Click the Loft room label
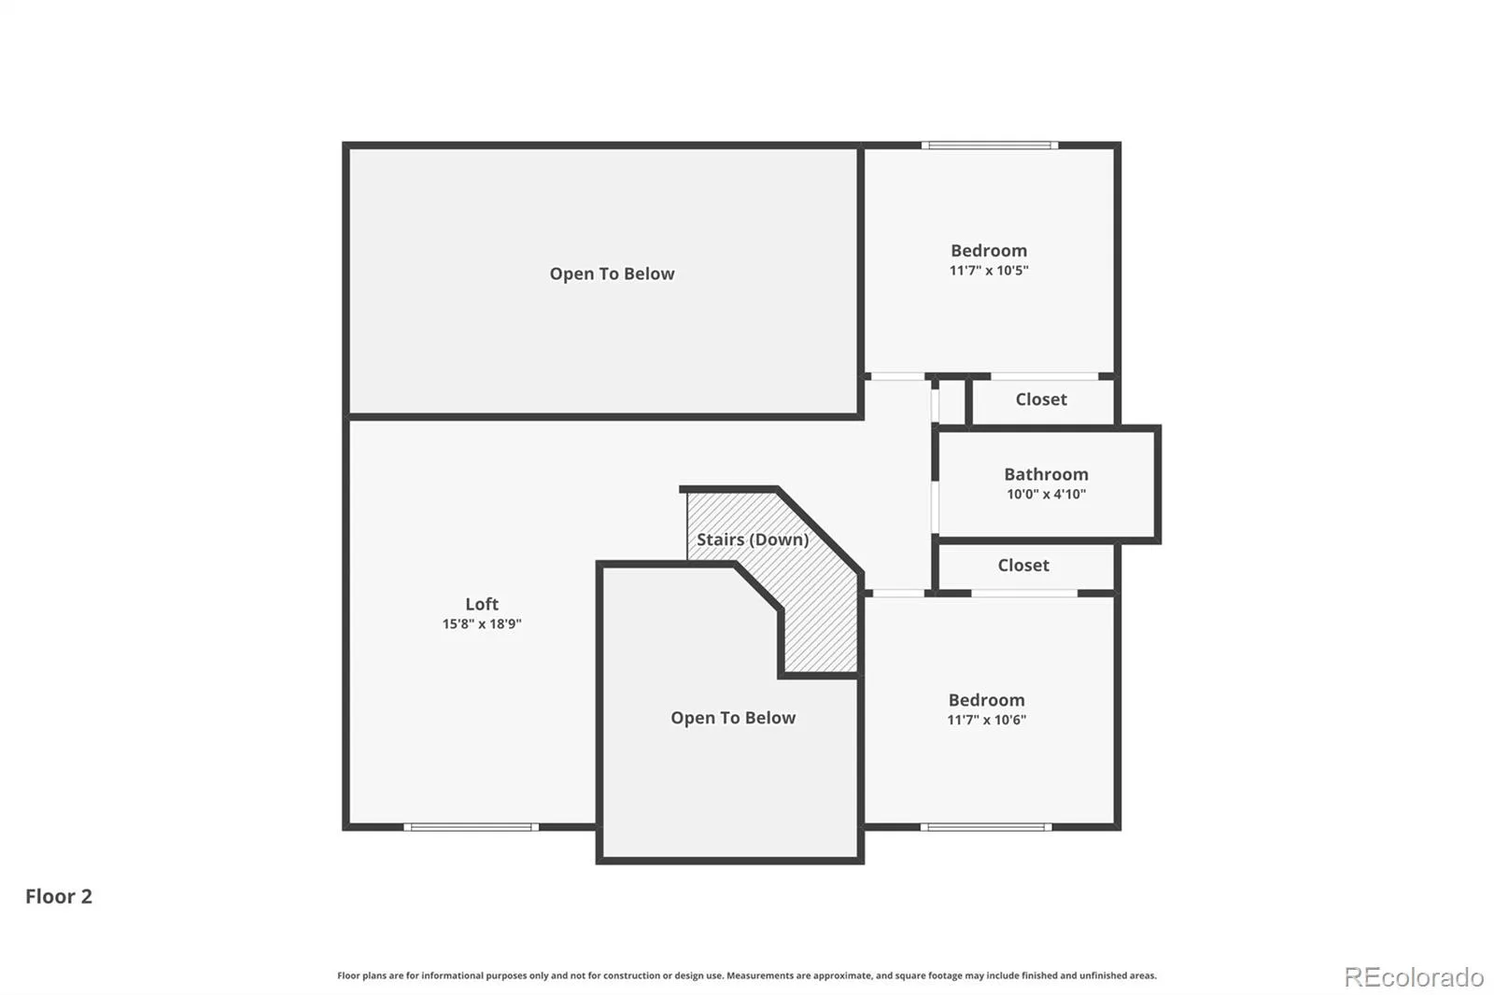[482, 604]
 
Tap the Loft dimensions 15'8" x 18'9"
[482, 624]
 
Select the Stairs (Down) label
[753, 540]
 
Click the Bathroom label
[1046, 474]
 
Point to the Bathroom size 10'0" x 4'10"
[1046, 494]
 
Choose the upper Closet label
[1041, 399]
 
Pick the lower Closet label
[1023, 566]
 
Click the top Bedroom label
[989, 251]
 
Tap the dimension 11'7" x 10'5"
[989, 271]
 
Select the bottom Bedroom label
[986, 700]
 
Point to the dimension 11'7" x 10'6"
[986, 720]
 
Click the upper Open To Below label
[612, 274]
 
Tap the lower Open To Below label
[733, 718]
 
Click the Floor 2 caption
[59, 896]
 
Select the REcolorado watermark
[1414, 977]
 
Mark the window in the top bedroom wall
[990, 146]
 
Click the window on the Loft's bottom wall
[471, 827]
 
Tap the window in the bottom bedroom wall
[986, 827]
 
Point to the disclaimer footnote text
[746, 975]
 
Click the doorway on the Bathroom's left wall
[935, 507]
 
